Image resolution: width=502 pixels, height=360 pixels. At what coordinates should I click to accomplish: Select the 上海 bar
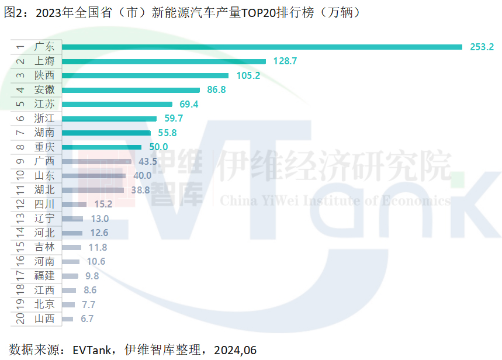pos(164,61)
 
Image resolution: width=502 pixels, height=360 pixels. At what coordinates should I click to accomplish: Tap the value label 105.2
pos(246,75)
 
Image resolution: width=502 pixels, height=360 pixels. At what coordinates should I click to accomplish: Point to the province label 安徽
pos(44,90)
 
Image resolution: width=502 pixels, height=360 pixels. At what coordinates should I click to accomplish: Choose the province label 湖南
pos(44,133)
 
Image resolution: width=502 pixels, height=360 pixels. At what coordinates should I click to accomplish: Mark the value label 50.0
pos(158,147)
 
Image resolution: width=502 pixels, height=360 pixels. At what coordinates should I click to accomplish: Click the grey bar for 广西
pos(96,161)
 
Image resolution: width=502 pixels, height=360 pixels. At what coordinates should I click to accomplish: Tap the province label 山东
pos(44,176)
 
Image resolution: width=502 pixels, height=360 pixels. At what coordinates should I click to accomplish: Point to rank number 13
pos(20,219)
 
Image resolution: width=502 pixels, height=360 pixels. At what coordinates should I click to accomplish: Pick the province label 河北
pos(44,233)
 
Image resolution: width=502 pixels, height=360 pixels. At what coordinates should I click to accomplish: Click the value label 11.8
pos(98,247)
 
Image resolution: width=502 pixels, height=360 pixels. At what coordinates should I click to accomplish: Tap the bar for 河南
pos(71,262)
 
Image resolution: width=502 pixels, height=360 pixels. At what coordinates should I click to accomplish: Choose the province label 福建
pos(44,276)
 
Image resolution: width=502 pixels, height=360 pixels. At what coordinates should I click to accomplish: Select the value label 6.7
pos(87,319)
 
